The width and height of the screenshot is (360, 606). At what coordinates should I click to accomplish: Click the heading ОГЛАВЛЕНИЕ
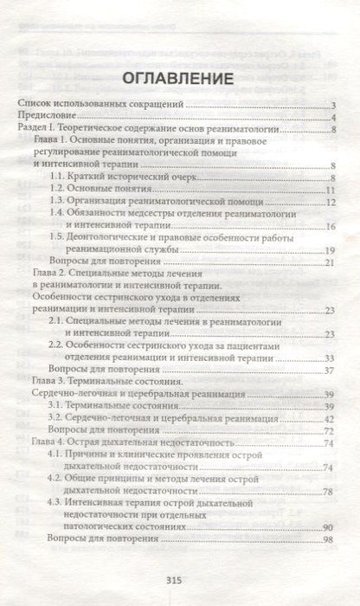(180, 79)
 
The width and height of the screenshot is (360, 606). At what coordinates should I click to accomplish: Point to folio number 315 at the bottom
(180, 582)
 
